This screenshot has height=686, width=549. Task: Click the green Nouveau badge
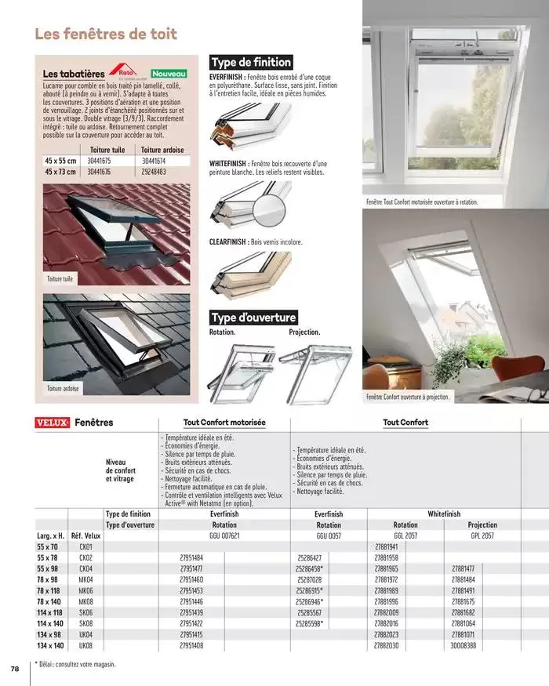[167, 71]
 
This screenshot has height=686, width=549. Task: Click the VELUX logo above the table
[53, 423]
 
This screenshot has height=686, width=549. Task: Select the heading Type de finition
[251, 62]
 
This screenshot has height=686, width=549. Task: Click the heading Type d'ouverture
[253, 318]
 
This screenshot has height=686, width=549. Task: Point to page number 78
[14, 669]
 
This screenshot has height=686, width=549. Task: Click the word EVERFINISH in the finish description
[227, 78]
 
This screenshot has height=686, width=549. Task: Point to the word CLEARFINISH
[227, 242]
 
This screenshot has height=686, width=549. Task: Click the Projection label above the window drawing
[304, 332]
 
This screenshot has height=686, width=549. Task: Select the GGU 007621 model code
[224, 535]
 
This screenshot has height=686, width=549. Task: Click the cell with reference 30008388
[463, 645]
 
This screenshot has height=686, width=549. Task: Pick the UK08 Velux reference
[85, 645]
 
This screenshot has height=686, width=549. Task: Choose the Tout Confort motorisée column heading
[224, 423]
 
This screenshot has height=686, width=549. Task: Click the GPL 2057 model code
[482, 535]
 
